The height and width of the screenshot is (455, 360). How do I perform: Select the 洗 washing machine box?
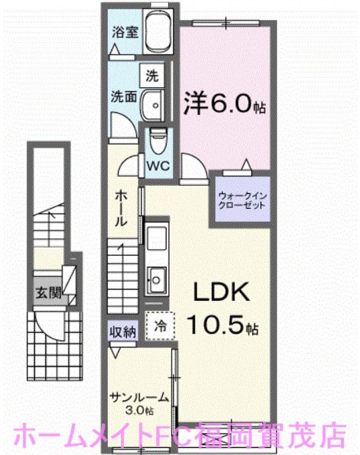(x=152, y=77)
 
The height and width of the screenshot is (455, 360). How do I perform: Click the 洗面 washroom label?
(x=124, y=97)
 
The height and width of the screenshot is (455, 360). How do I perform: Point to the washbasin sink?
(x=152, y=104)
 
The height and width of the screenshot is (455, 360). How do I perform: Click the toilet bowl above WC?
(x=158, y=140)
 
